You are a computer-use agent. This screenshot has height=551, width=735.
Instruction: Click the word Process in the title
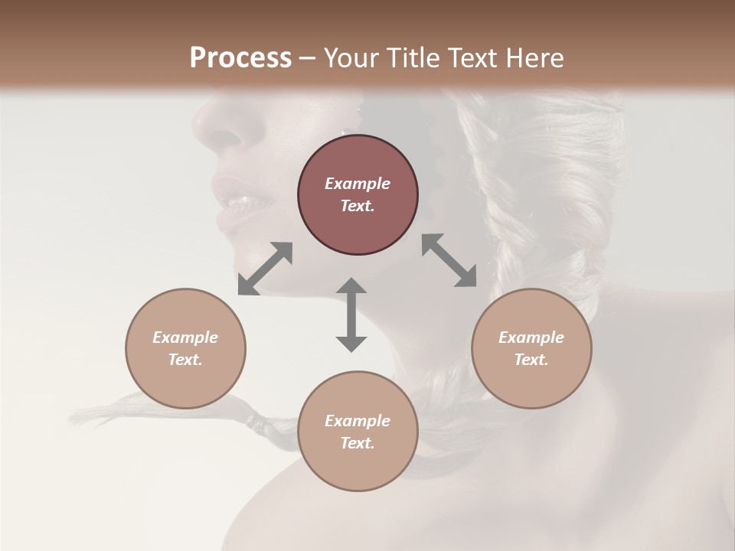coord(240,57)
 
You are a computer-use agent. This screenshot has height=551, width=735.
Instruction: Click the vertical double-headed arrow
coord(351,315)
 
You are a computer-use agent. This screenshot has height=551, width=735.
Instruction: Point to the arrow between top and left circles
coord(265,269)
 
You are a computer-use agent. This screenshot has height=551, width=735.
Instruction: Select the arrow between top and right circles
coord(449,260)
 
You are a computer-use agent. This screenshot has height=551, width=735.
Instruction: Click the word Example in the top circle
coord(358,184)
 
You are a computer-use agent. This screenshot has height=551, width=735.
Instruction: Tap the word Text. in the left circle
coord(185,360)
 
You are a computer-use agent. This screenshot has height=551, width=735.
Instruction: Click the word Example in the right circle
coord(531,337)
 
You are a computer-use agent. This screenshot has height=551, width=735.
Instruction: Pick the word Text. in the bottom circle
coord(358,443)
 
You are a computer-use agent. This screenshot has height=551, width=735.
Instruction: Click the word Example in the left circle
coord(185,337)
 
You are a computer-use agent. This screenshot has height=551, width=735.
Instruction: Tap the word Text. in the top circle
coord(358,206)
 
